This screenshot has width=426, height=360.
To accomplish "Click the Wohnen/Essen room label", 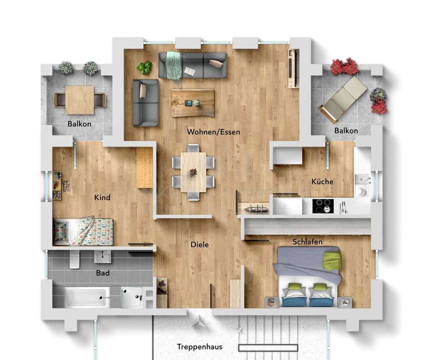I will [x=213, y=132].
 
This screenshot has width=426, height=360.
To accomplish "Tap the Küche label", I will [x=322, y=182].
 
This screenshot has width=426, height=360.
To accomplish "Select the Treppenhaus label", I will [x=199, y=347].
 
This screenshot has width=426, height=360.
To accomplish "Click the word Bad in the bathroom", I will [x=103, y=273].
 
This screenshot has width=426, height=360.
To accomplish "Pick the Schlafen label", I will [x=307, y=242].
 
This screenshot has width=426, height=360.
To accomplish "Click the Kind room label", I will [x=102, y=197].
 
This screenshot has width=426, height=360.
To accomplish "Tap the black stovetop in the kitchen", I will [x=323, y=206].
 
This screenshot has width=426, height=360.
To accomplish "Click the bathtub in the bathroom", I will [x=87, y=297].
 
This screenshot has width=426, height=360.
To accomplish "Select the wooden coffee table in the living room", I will [x=192, y=103].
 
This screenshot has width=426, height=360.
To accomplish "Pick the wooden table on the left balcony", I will [x=79, y=100].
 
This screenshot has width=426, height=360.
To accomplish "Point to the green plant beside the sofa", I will [x=145, y=67].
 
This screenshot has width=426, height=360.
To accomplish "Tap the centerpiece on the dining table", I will [x=193, y=172].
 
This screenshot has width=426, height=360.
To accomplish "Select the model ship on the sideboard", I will [x=255, y=209].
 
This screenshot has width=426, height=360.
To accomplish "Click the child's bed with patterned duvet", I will [x=84, y=231].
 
